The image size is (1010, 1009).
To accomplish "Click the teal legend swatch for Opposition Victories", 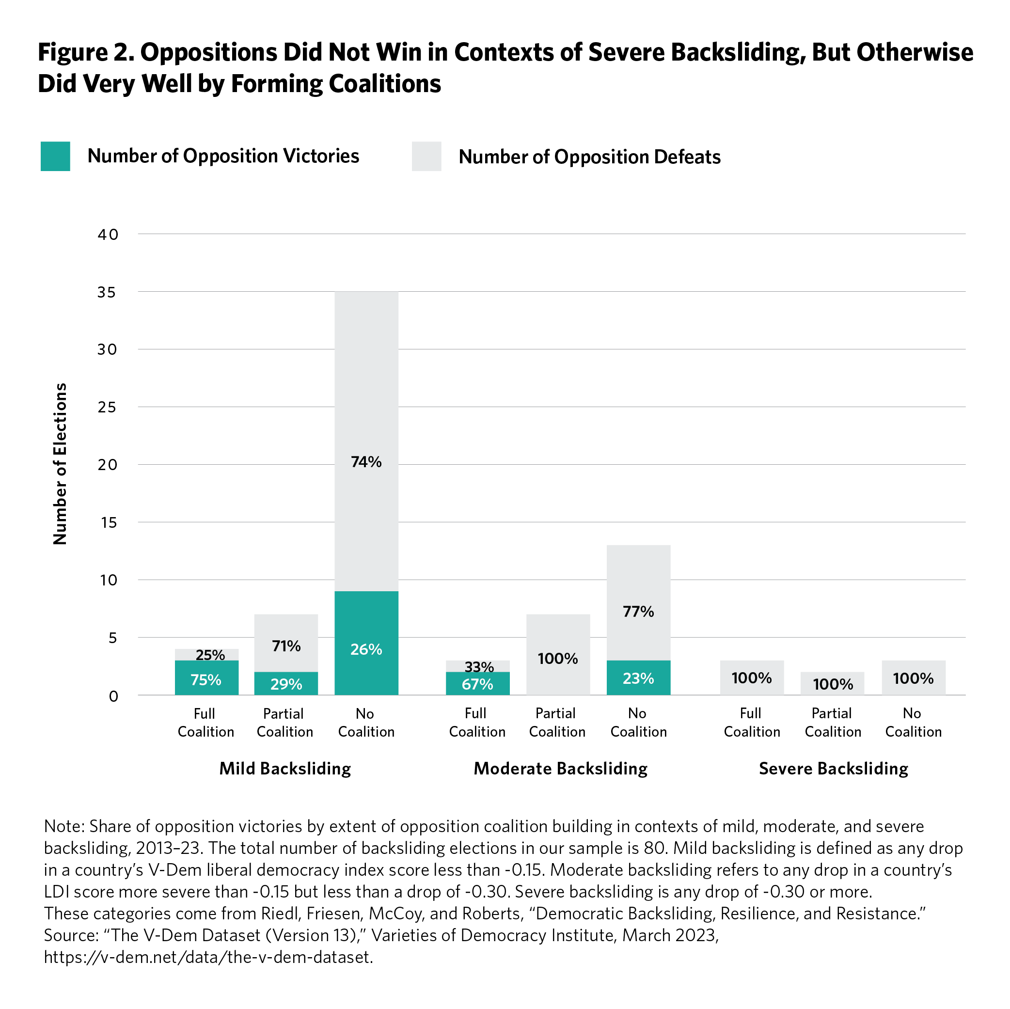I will tap(55, 157).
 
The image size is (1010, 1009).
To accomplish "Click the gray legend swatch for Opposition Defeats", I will tap(426, 157).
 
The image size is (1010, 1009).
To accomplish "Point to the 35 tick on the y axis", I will tap(107, 292).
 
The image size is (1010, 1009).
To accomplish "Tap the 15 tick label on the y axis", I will tap(107, 522).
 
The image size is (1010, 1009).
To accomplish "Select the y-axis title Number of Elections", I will tap(61, 464).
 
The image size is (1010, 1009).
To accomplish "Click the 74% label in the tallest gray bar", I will tap(366, 462).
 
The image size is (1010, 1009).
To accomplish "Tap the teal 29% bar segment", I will tap(286, 683).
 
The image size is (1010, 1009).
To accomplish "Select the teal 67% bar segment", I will tap(477, 683).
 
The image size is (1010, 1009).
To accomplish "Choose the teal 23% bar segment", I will tap(638, 678).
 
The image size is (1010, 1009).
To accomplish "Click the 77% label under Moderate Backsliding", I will tap(638, 611).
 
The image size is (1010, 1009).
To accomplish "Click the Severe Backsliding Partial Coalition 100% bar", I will tap(832, 683).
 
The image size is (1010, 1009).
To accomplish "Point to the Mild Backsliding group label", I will tap(285, 769).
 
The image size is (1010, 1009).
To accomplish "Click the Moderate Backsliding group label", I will tap(560, 769).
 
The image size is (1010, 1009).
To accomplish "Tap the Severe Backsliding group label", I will tap(833, 769).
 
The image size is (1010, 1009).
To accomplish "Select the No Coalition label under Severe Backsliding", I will tap(913, 723).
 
